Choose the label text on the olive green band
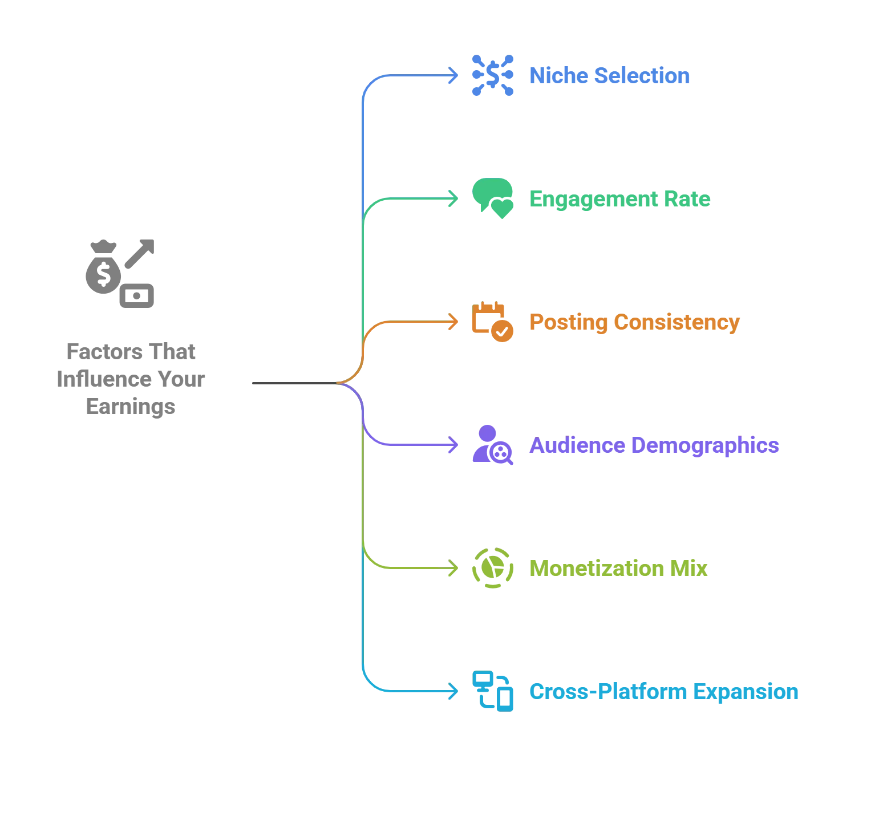622,571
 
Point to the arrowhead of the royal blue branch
454,72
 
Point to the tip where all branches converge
338,381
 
